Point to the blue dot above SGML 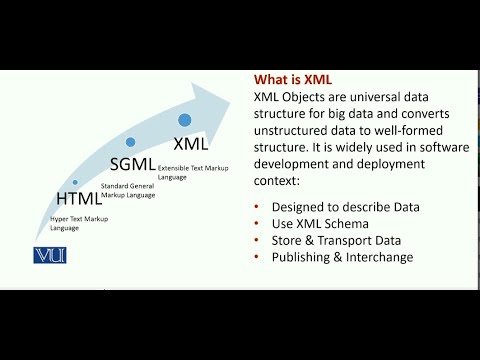(130, 142)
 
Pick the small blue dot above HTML (75, 182)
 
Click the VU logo (49, 255)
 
